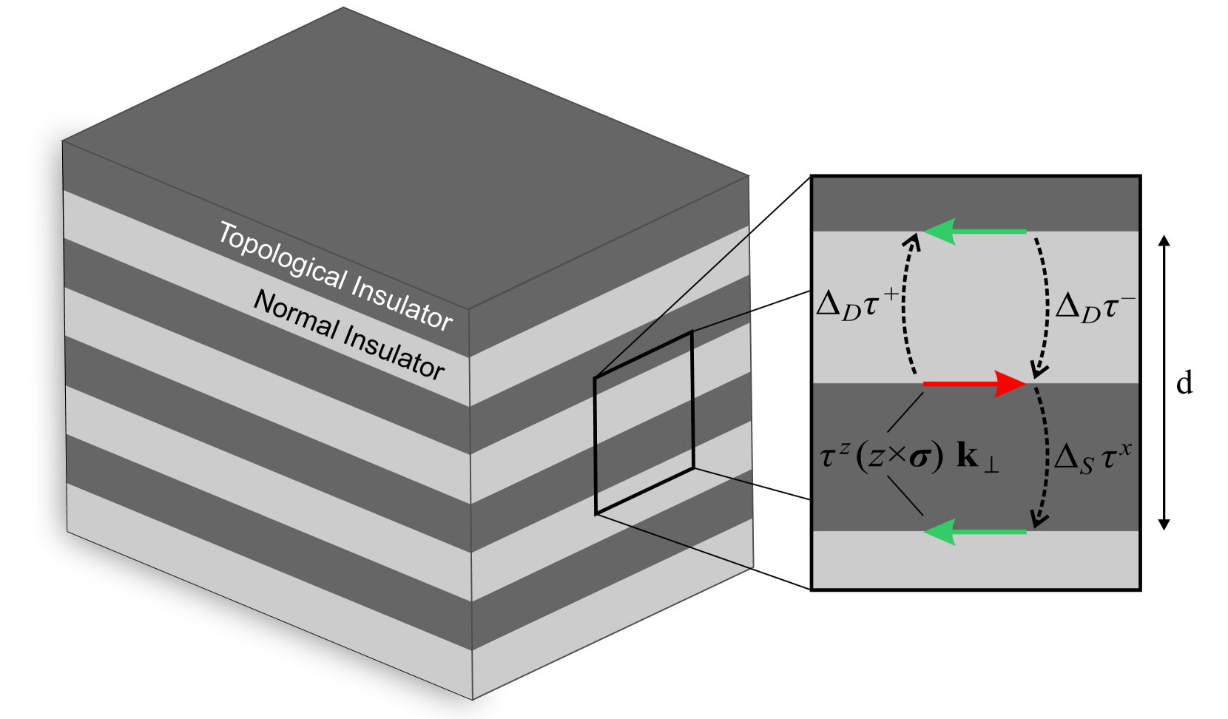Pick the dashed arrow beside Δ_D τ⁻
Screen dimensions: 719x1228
tap(1044, 303)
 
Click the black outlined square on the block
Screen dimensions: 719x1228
tap(644, 422)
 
